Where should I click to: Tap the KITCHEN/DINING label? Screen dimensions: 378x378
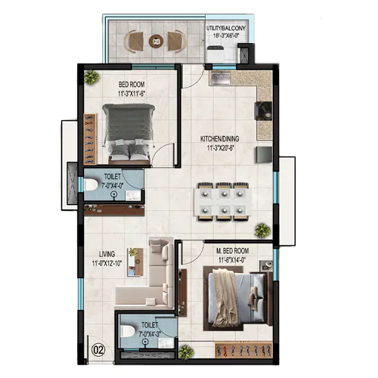pos(221,139)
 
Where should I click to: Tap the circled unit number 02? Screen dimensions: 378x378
pos(96,349)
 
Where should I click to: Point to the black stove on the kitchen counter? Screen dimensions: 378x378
pos(265,111)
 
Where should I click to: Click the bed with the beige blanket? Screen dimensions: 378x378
pos(228,296)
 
